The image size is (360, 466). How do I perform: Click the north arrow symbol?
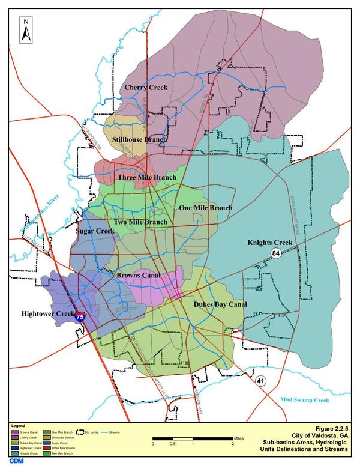(x=25, y=29)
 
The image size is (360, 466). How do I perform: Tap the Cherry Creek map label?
(x=146, y=88)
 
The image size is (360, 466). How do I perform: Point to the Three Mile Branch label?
(x=147, y=178)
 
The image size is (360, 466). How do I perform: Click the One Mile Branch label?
(x=206, y=208)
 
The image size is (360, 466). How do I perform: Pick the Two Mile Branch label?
(x=140, y=222)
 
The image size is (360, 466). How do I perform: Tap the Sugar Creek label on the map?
(x=95, y=231)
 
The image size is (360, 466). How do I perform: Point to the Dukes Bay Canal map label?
(x=220, y=305)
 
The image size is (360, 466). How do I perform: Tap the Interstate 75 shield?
(x=80, y=315)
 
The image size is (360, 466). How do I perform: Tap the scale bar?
(x=193, y=439)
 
